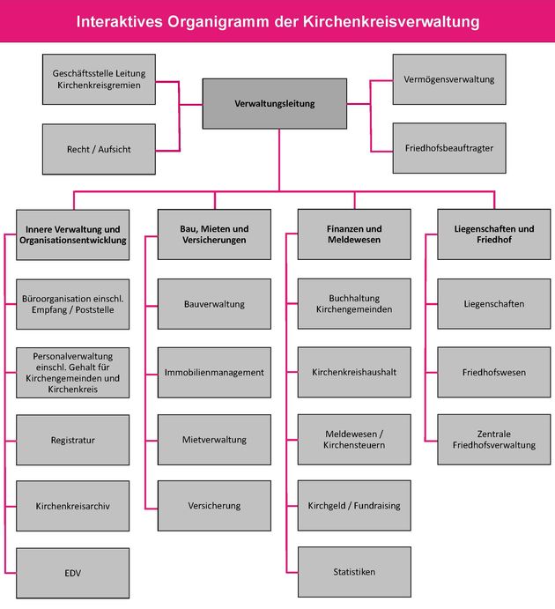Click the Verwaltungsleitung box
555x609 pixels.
[274, 104]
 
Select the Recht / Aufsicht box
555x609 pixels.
[99, 149]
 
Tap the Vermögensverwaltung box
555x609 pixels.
[449, 79]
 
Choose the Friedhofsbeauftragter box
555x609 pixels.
[449, 148]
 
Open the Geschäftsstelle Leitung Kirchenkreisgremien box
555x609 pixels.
[99, 79]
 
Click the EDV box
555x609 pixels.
[72, 573]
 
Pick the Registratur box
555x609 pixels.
[72, 440]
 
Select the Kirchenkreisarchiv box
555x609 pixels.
[72, 506]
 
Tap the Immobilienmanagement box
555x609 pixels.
[214, 372]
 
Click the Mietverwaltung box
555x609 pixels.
[214, 439]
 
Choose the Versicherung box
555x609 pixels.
[214, 505]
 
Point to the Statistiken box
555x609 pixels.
[354, 572]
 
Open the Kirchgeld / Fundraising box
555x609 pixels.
[354, 505]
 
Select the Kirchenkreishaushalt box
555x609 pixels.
[354, 372]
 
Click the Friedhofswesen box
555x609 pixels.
[494, 372]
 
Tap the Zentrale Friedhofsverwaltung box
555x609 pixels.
[494, 439]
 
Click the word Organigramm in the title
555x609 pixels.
[218, 22]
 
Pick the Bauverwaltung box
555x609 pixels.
[214, 304]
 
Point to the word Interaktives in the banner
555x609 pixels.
[119, 22]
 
